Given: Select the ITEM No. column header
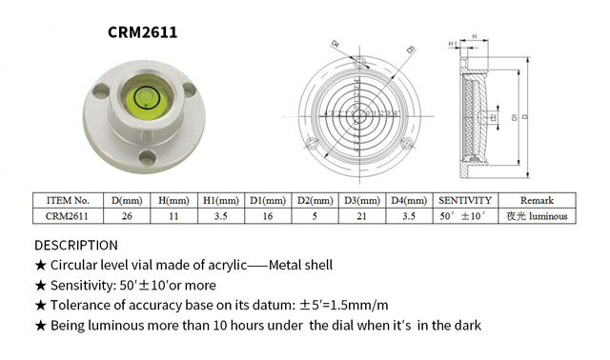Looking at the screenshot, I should click(68, 201).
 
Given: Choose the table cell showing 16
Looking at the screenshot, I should click(269, 216).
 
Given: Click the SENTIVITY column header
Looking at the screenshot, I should click(464, 201).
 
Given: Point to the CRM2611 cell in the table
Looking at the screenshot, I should click(68, 216).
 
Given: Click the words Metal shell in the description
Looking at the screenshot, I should click(298, 265).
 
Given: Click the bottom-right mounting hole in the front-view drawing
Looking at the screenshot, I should click(407, 146).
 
